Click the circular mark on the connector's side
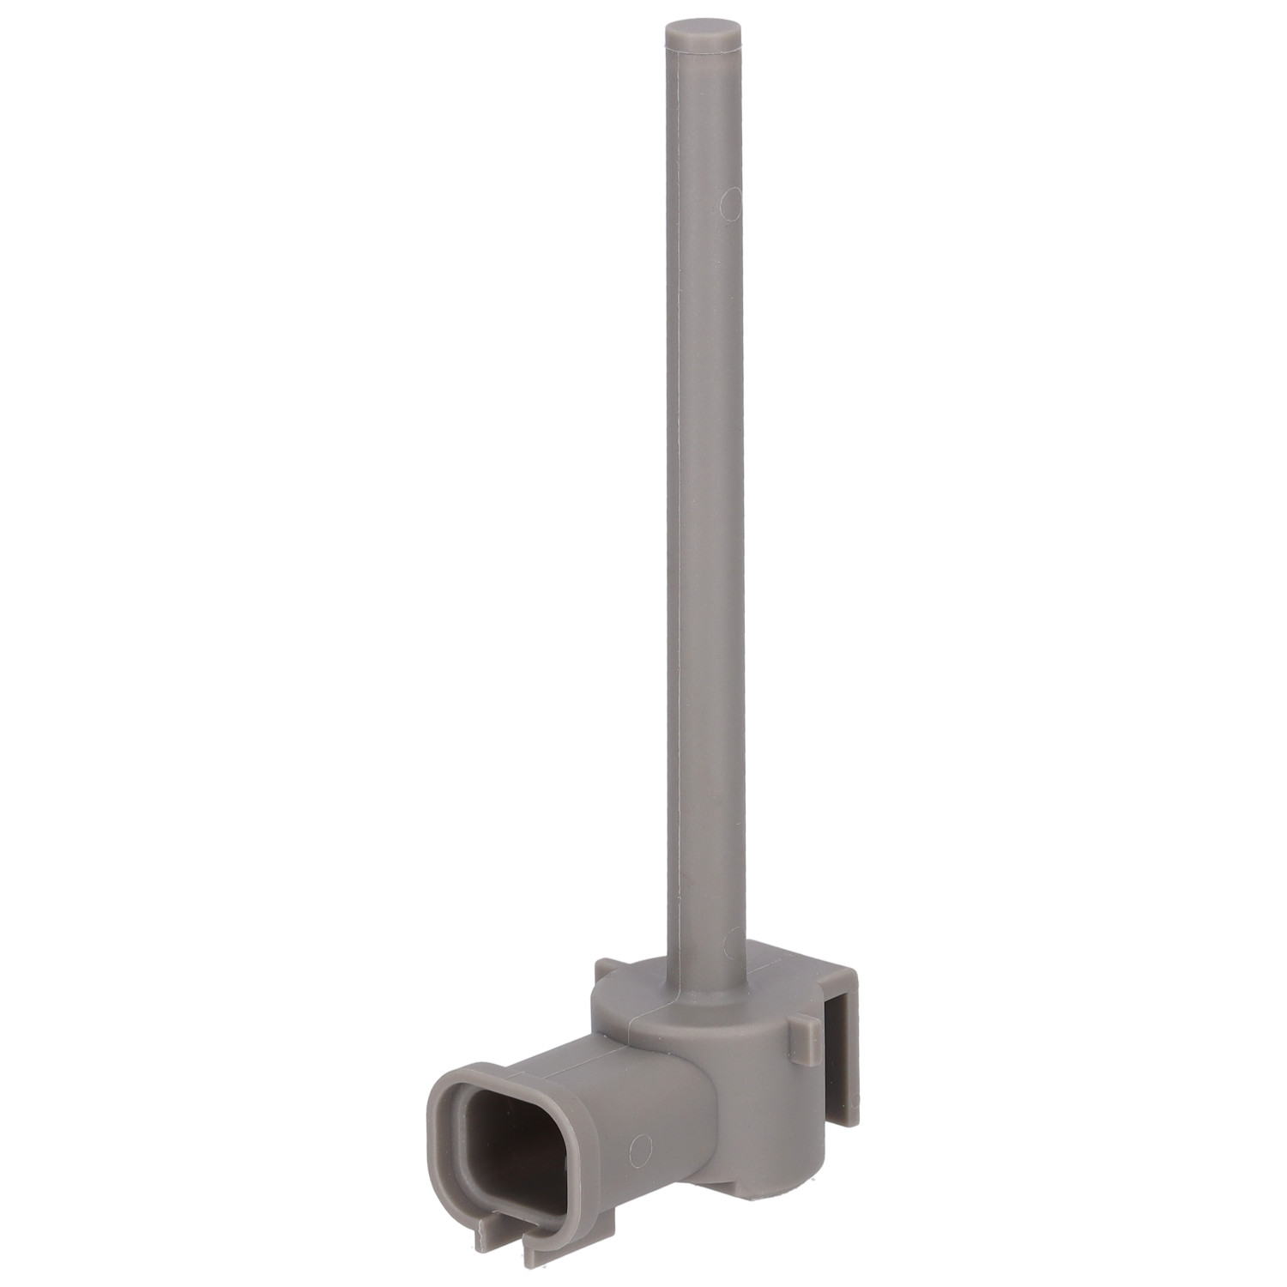point(636,1146)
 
